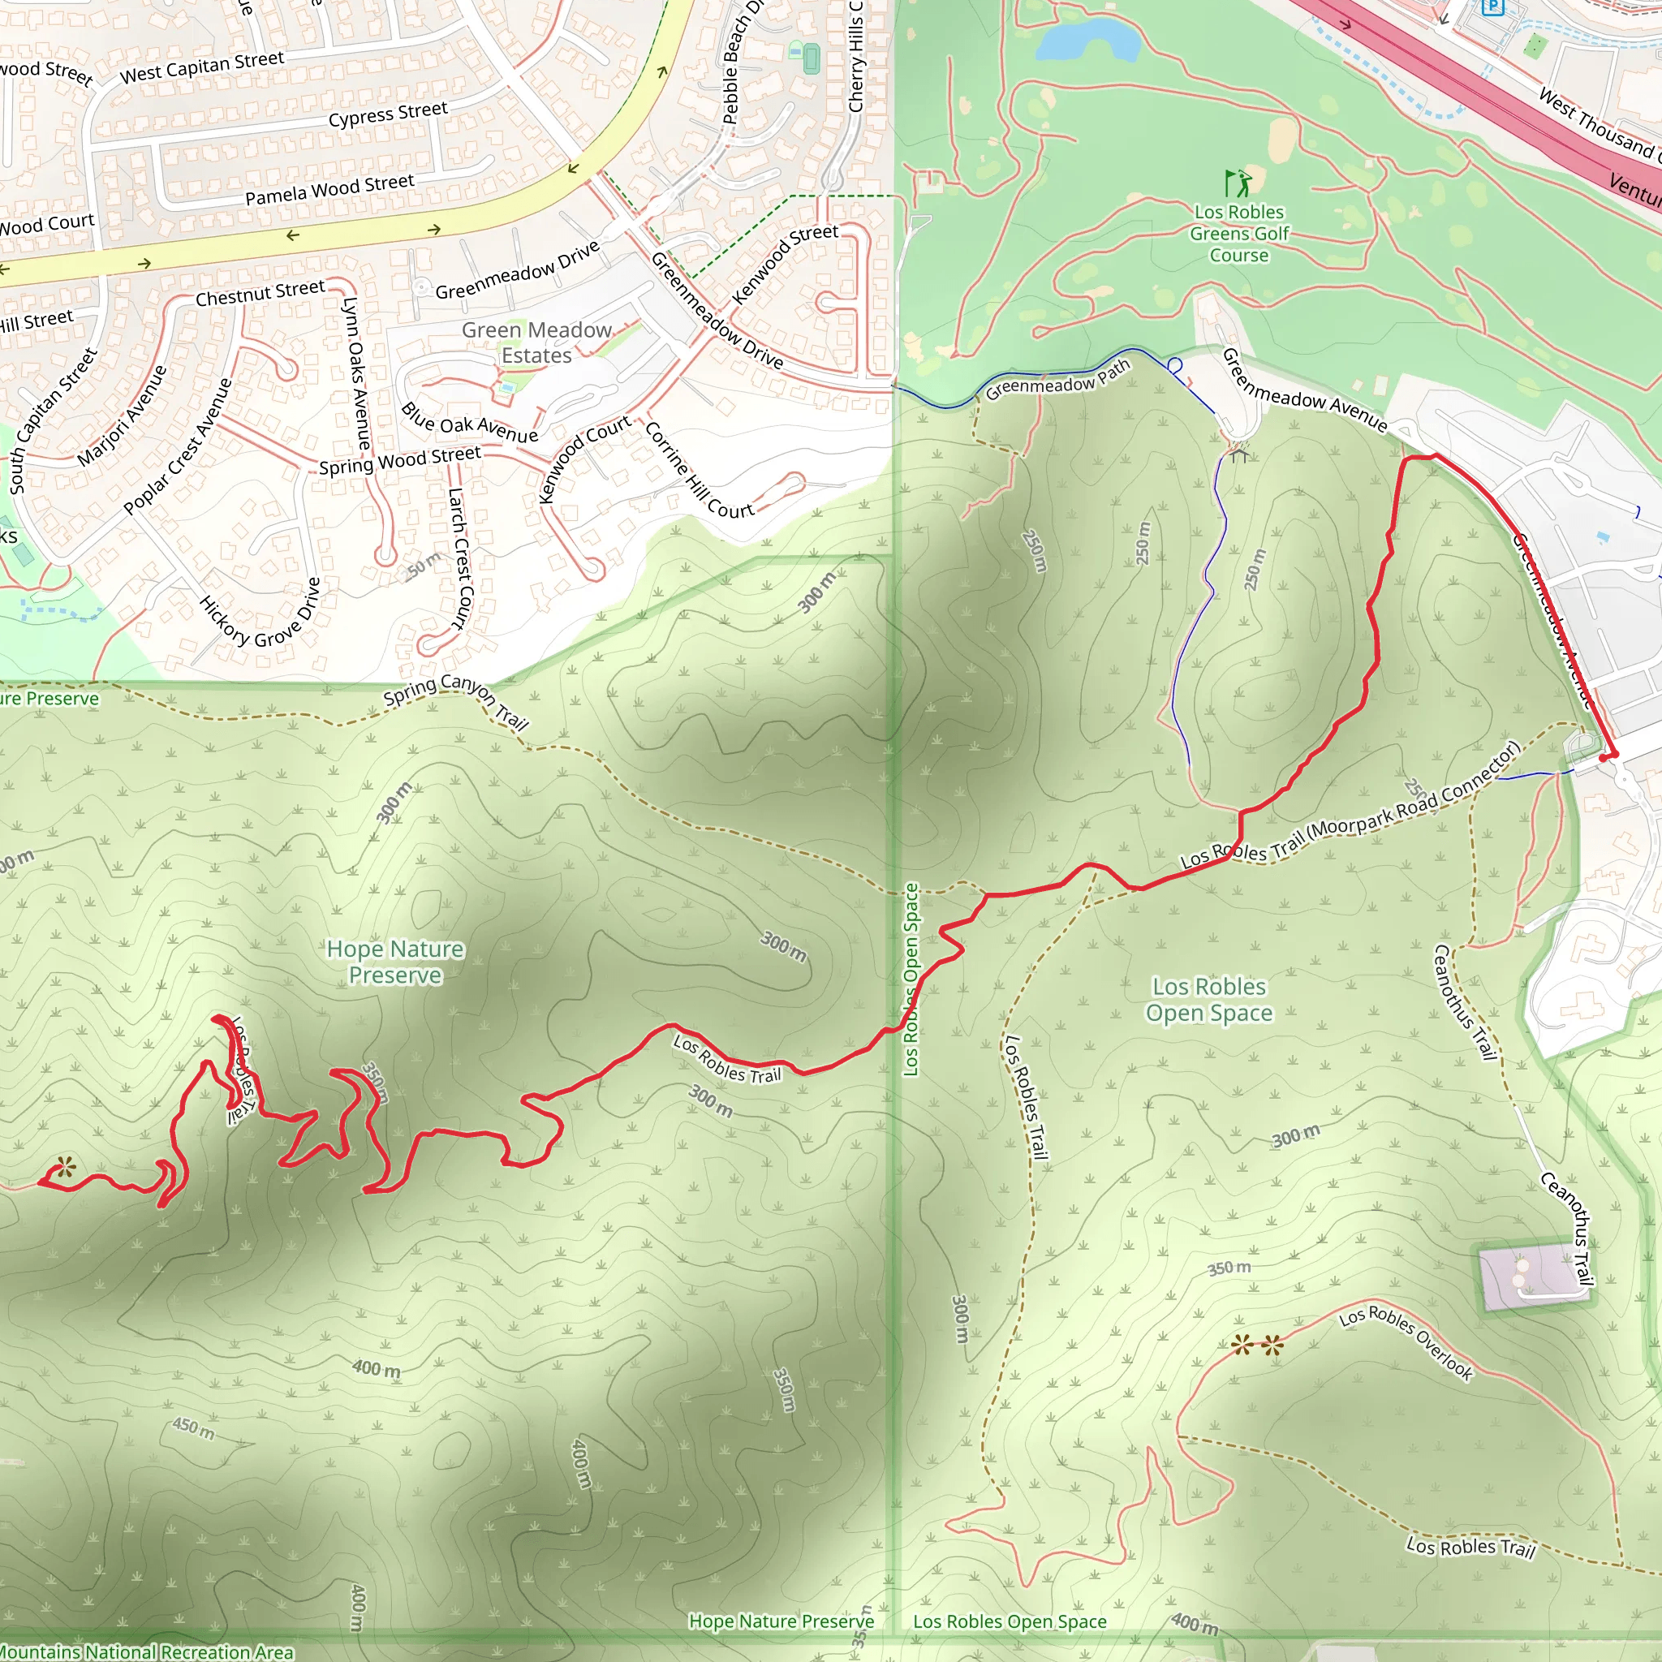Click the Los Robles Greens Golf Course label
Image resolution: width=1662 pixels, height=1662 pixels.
1238,234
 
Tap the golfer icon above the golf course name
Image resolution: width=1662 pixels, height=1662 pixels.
1237,183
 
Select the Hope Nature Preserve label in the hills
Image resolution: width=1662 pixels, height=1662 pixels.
395,962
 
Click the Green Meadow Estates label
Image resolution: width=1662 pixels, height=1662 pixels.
536,342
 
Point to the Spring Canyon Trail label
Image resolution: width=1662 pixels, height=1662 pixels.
456,700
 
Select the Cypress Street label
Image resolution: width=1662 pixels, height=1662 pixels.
388,114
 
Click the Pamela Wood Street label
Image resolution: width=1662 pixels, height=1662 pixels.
329,190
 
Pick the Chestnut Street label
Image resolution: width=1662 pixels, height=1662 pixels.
260,293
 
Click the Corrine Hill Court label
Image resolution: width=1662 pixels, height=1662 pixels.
699,471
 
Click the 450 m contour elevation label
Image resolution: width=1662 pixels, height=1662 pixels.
192,1429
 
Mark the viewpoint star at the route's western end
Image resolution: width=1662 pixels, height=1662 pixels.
66,1169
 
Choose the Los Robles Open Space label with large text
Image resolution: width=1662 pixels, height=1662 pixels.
1208,1000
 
